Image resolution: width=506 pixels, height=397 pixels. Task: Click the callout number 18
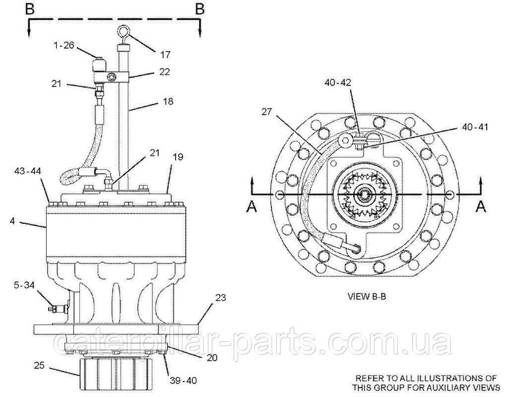(167, 101)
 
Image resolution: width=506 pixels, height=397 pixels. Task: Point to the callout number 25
(39, 364)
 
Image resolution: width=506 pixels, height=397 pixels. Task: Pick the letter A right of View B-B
(482, 205)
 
